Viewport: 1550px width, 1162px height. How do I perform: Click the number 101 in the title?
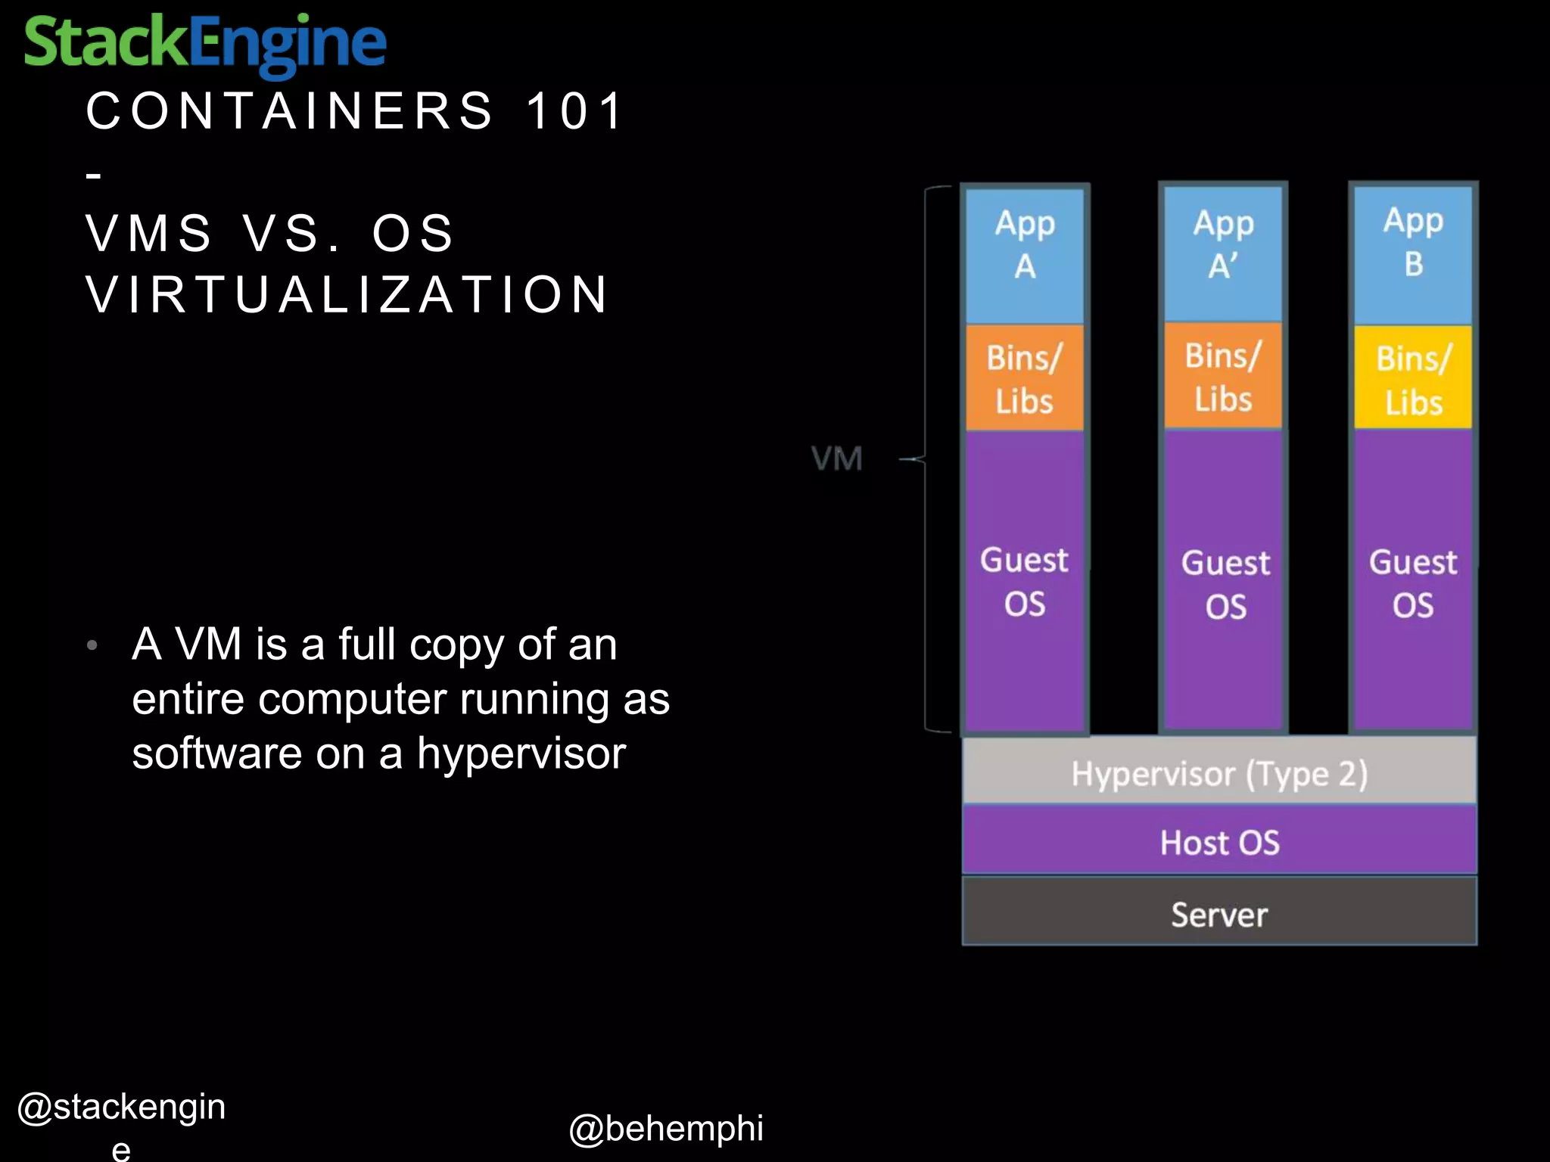[574, 111]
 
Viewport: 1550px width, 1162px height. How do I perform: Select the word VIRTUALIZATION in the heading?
[347, 294]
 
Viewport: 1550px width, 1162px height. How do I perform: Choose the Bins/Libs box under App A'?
[1223, 377]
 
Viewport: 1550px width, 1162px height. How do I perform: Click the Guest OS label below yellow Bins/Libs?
[1413, 583]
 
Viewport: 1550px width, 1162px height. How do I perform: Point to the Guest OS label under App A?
[1025, 582]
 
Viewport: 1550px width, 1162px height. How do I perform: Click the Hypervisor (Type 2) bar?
[1219, 773]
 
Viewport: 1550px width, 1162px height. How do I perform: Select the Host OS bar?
[1219, 842]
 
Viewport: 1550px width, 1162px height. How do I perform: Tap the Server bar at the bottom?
[1219, 914]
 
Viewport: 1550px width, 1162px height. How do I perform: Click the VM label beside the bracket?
[836, 458]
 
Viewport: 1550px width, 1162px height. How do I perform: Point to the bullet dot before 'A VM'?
[92, 645]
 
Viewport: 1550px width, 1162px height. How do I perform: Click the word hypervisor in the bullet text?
[521, 754]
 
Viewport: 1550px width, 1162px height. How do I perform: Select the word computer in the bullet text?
[353, 699]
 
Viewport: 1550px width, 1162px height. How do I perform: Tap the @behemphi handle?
[665, 1128]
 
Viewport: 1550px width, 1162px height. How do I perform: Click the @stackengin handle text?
[121, 1108]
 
